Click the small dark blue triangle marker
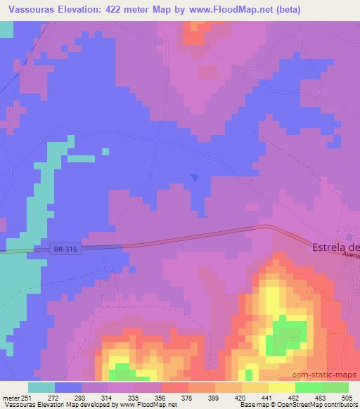tap(195, 177)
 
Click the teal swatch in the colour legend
tap(41, 387)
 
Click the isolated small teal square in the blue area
tap(105, 150)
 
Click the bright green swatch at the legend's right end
tap(335, 387)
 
